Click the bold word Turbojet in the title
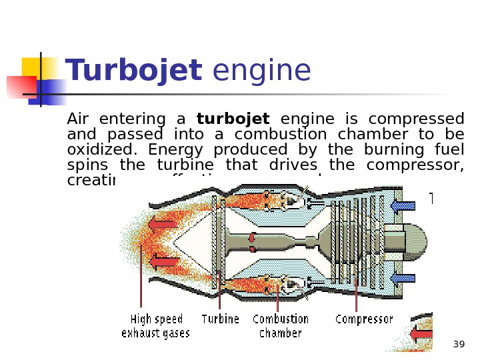(133, 71)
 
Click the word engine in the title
(261, 71)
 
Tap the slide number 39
(459, 345)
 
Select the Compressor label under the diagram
(364, 319)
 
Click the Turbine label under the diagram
(220, 319)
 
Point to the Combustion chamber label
(280, 326)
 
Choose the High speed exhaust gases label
(155, 326)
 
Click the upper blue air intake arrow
(403, 206)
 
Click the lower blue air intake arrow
(403, 279)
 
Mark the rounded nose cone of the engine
(415, 242)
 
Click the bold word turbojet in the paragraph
(233, 119)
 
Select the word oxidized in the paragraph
(101, 150)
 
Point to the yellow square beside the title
(33, 67)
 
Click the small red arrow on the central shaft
(252, 237)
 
